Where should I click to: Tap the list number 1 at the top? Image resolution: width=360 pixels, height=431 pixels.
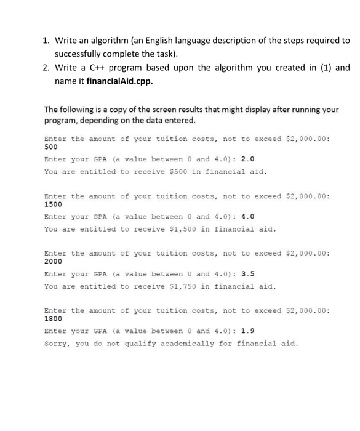point(46,40)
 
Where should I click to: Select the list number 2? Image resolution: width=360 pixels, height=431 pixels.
point(46,67)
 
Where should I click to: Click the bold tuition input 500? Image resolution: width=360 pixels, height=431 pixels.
point(51,148)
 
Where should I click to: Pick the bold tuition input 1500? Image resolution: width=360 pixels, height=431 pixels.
point(53,205)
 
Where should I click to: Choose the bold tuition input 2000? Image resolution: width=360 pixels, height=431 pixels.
point(53,262)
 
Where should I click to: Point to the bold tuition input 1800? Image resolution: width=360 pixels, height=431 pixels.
point(53,320)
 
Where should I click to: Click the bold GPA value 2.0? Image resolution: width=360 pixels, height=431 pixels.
point(247,159)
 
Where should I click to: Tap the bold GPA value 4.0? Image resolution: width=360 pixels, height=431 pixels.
point(247,216)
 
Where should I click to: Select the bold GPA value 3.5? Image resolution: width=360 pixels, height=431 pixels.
point(247,273)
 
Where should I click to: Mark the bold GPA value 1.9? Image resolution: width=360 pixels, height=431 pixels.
point(247,331)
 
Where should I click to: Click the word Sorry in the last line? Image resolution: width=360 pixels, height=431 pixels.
point(57,343)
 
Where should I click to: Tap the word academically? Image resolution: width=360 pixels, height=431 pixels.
point(187,343)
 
